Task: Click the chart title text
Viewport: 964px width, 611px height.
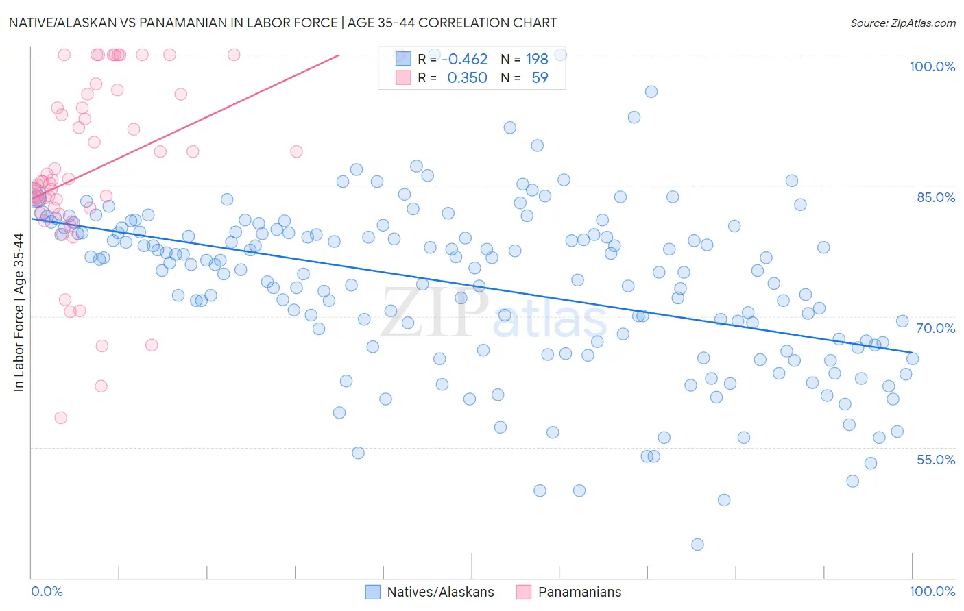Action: [282, 23]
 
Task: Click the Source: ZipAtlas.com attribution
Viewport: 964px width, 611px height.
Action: [902, 23]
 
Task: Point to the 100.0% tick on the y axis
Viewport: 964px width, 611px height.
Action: [932, 66]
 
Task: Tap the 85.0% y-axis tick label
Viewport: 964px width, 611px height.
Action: [936, 197]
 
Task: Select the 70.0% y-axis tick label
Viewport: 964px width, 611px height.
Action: [936, 328]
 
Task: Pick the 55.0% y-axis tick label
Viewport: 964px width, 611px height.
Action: [936, 460]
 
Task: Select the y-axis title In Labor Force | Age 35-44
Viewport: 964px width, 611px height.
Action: [19, 312]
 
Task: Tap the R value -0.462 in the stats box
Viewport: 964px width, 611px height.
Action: [465, 60]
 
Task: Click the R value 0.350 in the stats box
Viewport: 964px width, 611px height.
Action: [467, 78]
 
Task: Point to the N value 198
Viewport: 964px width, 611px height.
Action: [537, 60]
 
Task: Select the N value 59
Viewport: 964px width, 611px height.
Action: [540, 78]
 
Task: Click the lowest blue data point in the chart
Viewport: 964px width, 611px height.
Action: [697, 545]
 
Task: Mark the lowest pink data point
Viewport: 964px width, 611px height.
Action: [60, 418]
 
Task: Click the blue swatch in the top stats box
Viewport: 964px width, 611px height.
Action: [403, 59]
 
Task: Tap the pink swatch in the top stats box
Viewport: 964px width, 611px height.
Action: [403, 77]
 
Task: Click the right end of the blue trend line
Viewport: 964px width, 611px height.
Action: [913, 353]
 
